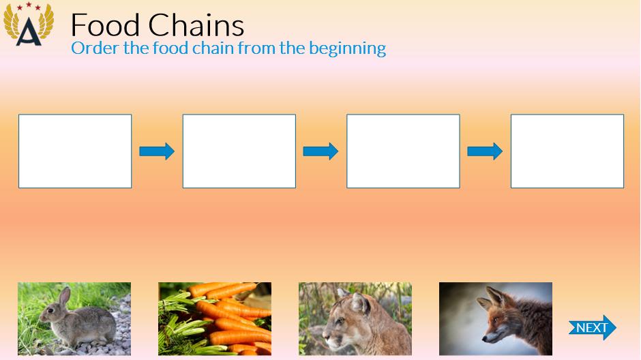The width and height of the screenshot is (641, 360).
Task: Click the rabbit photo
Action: click(74, 318)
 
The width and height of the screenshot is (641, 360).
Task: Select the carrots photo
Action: click(215, 318)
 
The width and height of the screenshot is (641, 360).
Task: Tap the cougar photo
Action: click(355, 318)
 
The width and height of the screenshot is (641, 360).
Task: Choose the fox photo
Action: click(496, 318)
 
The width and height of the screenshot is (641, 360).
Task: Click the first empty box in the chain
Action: click(75, 151)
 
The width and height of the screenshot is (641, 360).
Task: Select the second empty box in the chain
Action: click(239, 151)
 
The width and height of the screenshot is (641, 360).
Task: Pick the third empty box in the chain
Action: click(403, 151)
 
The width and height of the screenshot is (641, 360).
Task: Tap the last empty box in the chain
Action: click(567, 151)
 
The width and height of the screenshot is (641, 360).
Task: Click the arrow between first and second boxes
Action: click(157, 151)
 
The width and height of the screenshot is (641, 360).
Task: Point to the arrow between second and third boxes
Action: click(320, 151)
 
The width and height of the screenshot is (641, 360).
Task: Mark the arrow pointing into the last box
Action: click(485, 151)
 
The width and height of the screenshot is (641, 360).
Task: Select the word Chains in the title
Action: click(196, 25)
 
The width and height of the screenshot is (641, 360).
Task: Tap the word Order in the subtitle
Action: click(95, 48)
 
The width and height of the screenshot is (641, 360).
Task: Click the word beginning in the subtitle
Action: click(348, 49)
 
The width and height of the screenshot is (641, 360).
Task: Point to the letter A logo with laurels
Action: click(29, 25)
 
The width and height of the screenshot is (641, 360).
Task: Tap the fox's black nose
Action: click(484, 338)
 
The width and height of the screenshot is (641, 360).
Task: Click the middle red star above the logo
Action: click(29, 5)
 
